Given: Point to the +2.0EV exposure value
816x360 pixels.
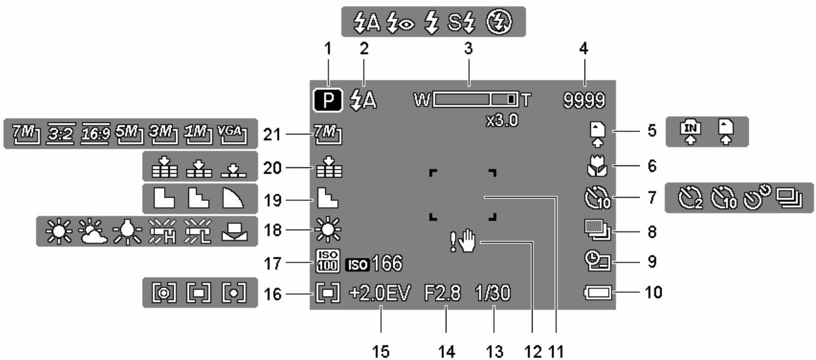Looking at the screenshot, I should (x=380, y=293).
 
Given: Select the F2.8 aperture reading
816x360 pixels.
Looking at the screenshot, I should (x=447, y=293).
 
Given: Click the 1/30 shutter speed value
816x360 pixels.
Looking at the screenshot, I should (x=495, y=293).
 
